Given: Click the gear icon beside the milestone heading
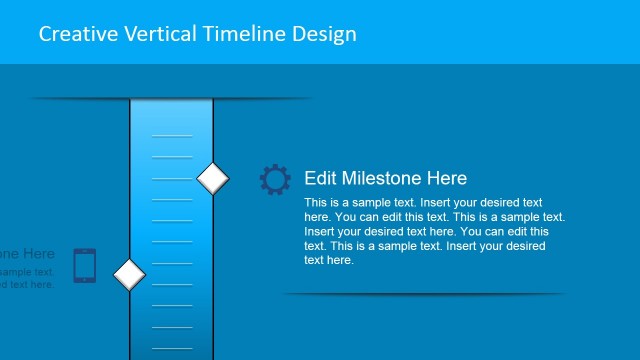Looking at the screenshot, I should tap(275, 179).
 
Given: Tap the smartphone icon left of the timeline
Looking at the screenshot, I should tap(85, 265).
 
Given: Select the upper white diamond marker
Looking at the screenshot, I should tap(213, 178).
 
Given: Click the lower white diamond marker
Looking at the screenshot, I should tap(129, 273).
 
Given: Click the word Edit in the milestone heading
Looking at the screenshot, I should tap(320, 178).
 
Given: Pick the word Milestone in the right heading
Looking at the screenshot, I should tap(383, 178).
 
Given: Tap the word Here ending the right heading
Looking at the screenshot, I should tap(447, 178).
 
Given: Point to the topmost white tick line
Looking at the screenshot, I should tap(171, 134).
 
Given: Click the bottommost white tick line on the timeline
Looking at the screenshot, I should tap(171, 348).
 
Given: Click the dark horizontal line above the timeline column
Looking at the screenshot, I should tap(170, 99).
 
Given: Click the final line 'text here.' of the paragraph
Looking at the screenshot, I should tap(329, 260).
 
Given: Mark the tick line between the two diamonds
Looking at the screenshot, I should tap(171, 220).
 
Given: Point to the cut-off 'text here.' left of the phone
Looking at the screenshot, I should tap(27, 285).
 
